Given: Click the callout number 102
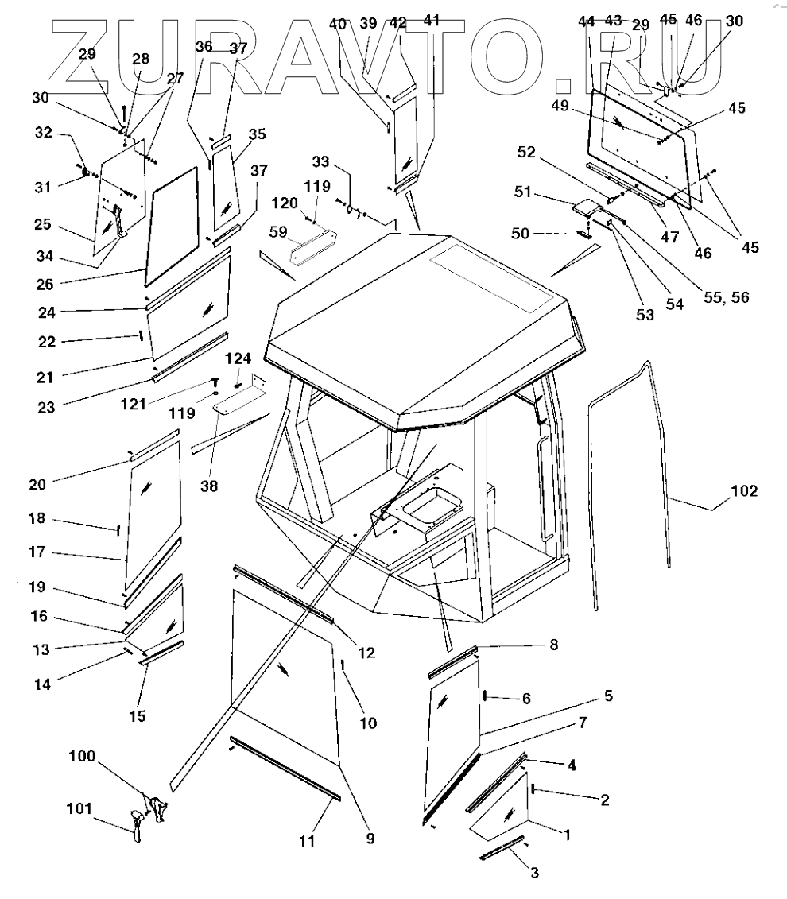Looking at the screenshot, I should click(x=743, y=491).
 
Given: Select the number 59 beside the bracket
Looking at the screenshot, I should click(x=277, y=233).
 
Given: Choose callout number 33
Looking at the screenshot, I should click(x=320, y=162).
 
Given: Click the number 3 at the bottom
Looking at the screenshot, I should click(x=534, y=873).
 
